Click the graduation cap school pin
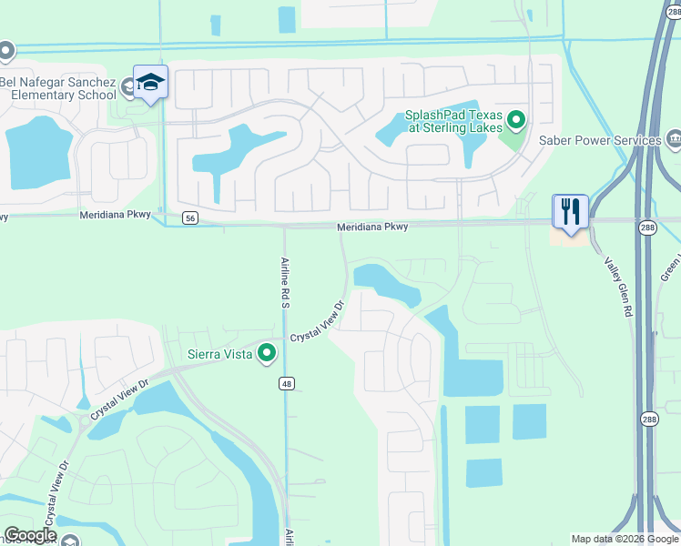tap(150, 84)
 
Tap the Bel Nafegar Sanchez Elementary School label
tap(58, 88)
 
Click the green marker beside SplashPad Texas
tap(516, 119)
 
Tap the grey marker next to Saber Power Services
tap(675, 139)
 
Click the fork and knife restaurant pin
tap(571, 212)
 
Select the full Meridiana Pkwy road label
tap(372, 227)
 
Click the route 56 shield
tap(189, 218)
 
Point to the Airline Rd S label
tap(283, 281)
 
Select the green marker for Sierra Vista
tap(267, 352)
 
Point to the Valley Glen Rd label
tap(618, 285)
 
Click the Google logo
tap(30, 534)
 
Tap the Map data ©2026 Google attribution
tap(624, 539)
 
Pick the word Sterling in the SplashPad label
tap(447, 128)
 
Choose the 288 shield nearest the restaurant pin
tap(645, 228)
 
